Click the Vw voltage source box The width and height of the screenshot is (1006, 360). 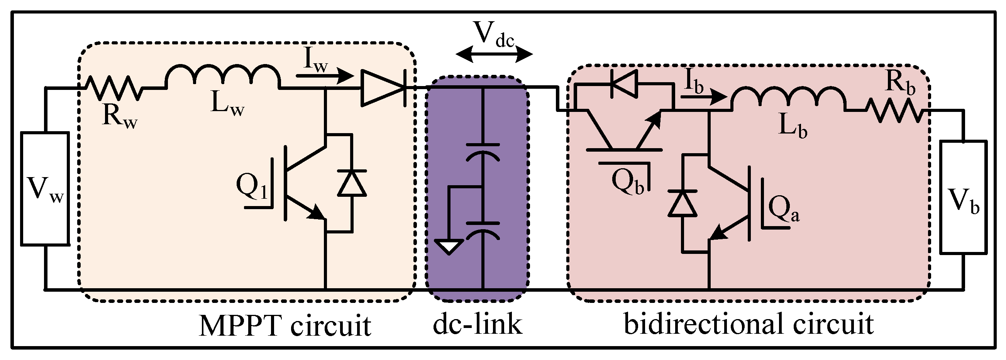click(x=45, y=189)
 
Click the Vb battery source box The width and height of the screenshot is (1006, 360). click(x=963, y=198)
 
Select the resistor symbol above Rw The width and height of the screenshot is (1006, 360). click(x=113, y=88)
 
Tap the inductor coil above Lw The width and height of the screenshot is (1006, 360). click(x=223, y=76)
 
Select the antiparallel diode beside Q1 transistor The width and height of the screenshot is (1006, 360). click(x=352, y=183)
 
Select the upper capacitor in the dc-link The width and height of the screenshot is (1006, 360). click(x=483, y=152)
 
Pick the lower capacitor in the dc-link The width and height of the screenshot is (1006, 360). click(x=483, y=230)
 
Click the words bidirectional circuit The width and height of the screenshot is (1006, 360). click(x=749, y=323)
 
